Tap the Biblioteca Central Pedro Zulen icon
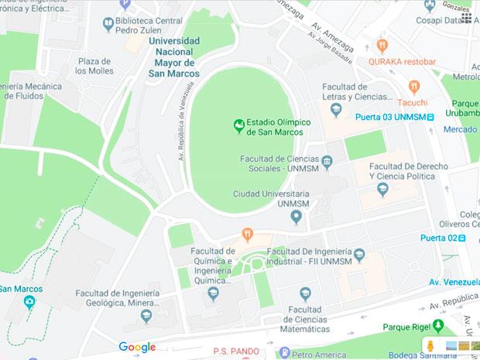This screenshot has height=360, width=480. (108, 24)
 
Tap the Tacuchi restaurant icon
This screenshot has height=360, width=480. (414, 87)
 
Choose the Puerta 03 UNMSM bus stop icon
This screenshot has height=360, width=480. (431, 117)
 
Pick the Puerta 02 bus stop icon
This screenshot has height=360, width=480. (462, 238)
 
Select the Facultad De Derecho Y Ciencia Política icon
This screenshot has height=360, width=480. (381, 190)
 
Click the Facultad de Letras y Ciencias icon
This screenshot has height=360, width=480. (335, 109)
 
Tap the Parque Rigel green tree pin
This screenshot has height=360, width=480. (438, 325)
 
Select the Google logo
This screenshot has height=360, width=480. (137, 347)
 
